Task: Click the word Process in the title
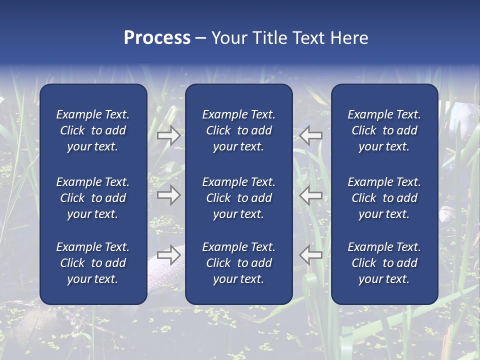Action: [157, 38]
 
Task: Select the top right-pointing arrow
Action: [168, 135]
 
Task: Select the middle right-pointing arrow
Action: [168, 195]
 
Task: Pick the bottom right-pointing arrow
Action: [168, 255]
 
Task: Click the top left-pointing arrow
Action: [311, 135]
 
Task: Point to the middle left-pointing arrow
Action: [311, 195]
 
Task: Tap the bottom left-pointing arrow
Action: [311, 255]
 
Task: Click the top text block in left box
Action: [93, 130]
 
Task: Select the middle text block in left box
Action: [93, 198]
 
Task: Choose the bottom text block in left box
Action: [93, 263]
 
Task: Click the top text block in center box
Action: [238, 130]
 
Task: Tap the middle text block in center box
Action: [238, 198]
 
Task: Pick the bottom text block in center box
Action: [238, 263]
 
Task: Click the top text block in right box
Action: [384, 130]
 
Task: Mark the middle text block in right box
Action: [384, 198]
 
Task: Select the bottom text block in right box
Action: [384, 263]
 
